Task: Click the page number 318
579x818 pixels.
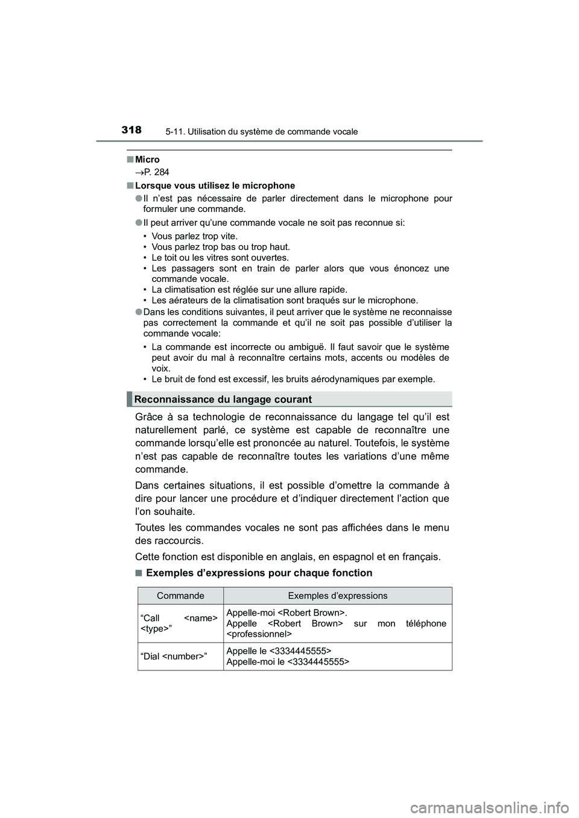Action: [131, 130]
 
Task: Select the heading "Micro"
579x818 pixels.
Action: [147, 160]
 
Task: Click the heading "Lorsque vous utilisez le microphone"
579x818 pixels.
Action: [215, 186]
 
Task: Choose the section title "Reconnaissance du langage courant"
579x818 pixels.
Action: [223, 399]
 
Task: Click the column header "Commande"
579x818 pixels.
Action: [180, 596]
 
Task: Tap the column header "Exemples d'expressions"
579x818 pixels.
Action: [338, 596]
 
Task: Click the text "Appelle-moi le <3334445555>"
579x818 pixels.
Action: [287, 661]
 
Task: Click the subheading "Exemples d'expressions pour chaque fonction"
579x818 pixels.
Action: [259, 573]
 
